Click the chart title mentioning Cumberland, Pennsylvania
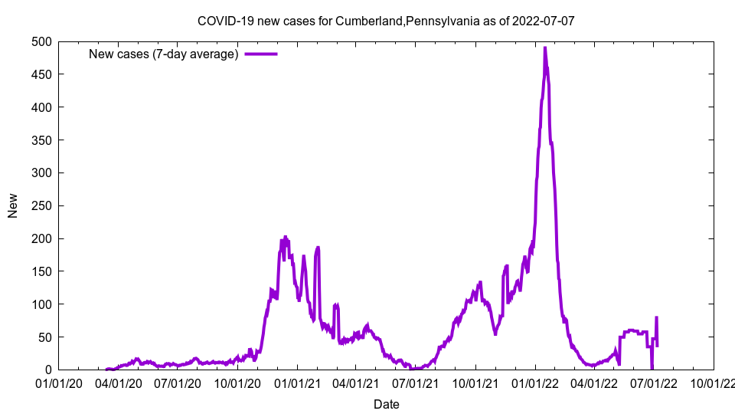385,21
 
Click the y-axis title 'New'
13,205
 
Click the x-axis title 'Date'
386,404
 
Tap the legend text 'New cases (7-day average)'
164,54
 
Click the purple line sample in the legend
260,54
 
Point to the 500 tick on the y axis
41,41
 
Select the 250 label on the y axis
41,205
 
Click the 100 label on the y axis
41,304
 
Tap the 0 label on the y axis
47,370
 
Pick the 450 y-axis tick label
41,74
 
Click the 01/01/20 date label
58,383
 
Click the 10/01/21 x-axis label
476,383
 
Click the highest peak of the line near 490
544,48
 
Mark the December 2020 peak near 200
285,238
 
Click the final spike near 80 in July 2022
656,317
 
